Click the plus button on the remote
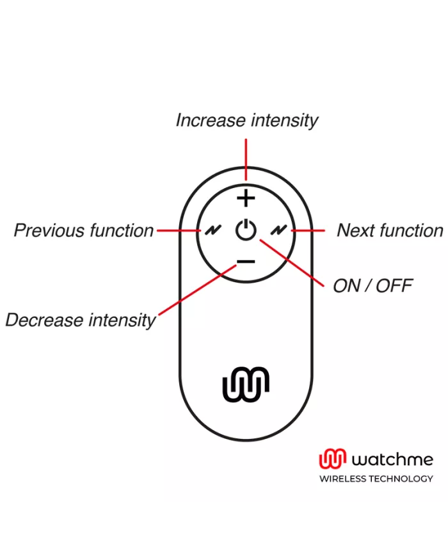pyautogui.click(x=246, y=199)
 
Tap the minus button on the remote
pyautogui.click(x=246, y=261)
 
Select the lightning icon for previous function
pyautogui.click(x=211, y=230)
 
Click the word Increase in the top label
pyautogui.click(x=211, y=120)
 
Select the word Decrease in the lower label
pyautogui.click(x=42, y=319)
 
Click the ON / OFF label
pyautogui.click(x=372, y=285)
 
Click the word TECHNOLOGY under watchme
pyautogui.click(x=403, y=479)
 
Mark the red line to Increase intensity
pyautogui.click(x=246, y=159)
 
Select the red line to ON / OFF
pyautogui.click(x=294, y=262)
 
